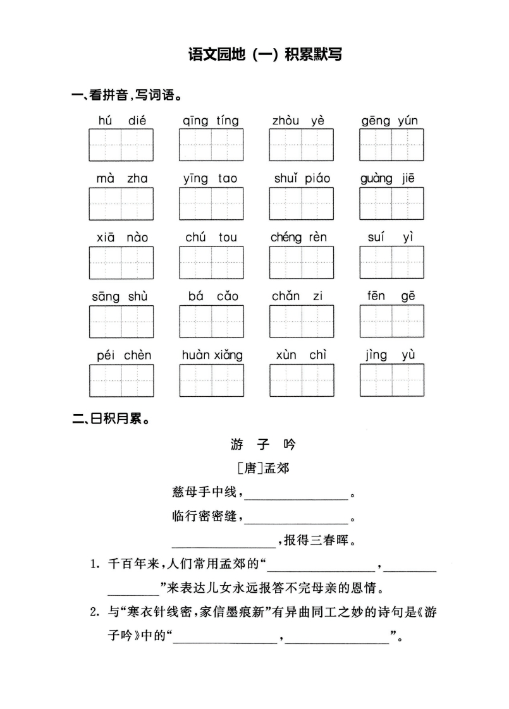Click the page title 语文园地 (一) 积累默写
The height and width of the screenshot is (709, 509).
(265, 54)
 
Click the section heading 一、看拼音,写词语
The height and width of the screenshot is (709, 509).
(127, 95)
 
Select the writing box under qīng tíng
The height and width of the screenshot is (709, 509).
(211, 145)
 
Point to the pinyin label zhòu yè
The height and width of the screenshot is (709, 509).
(298, 120)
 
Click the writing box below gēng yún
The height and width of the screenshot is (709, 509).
(391, 145)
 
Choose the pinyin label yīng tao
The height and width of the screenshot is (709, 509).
(211, 179)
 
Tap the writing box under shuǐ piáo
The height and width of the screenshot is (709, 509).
(302, 203)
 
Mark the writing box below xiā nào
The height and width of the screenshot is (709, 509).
(121, 263)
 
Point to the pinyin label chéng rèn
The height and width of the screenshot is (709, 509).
(298, 238)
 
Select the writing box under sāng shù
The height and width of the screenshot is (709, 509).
(121, 322)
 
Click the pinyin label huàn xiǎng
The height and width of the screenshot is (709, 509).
(212, 355)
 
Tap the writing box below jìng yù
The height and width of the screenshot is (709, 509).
(392, 380)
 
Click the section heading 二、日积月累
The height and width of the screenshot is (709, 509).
(111, 419)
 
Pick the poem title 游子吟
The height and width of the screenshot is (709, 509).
(263, 444)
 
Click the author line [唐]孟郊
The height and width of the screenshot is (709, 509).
(263, 468)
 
